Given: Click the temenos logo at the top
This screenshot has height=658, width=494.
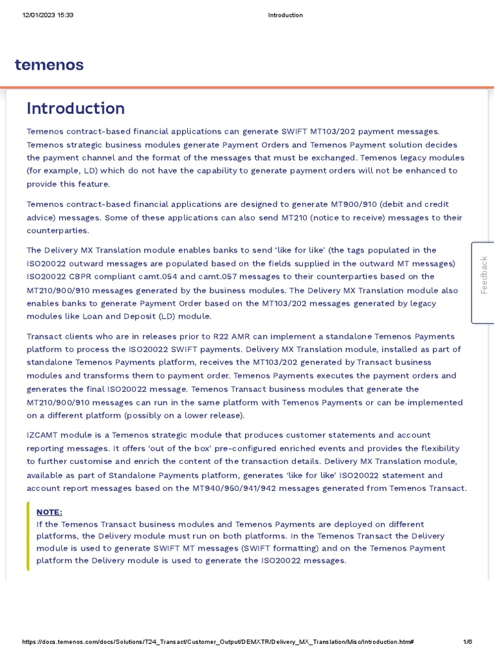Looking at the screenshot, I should (x=49, y=65).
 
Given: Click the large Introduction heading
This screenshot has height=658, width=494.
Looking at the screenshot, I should (x=76, y=109).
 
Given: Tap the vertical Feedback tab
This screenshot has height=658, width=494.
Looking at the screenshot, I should (x=484, y=275).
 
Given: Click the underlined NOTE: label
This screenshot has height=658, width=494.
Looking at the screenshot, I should (x=50, y=512).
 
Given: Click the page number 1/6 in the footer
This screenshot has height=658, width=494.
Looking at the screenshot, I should (x=468, y=642).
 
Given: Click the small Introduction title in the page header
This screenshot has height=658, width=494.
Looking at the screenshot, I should (x=285, y=15).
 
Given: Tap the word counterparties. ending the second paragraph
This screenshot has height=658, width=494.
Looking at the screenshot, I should (x=58, y=231).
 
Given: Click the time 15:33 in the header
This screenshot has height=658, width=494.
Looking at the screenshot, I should (x=66, y=15).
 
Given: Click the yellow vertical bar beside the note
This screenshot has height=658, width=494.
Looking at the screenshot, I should (x=28, y=536).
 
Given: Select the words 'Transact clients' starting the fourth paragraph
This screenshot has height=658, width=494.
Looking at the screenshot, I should (x=62, y=336).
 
